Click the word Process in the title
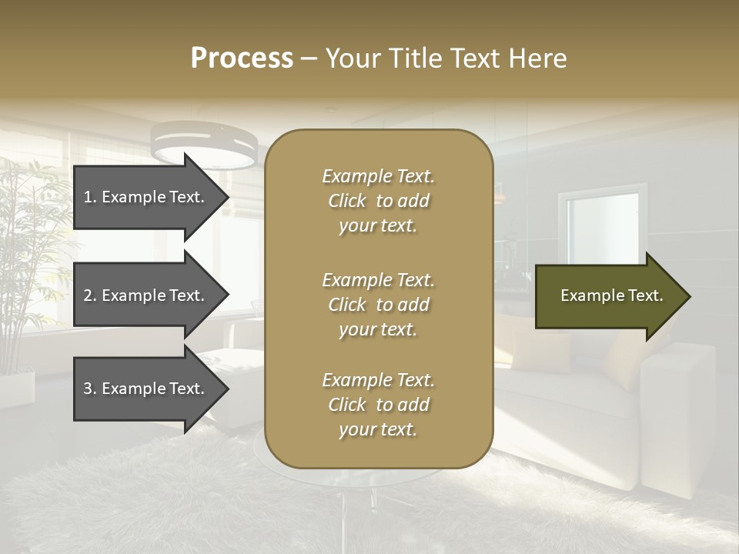point(242,58)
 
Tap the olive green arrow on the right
point(608,296)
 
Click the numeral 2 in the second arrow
point(88,295)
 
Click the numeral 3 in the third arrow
point(88,389)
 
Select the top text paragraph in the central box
point(378,201)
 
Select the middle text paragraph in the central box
point(378,305)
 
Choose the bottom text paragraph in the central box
point(378,405)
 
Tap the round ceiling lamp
point(204,146)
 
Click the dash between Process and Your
point(309,58)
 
